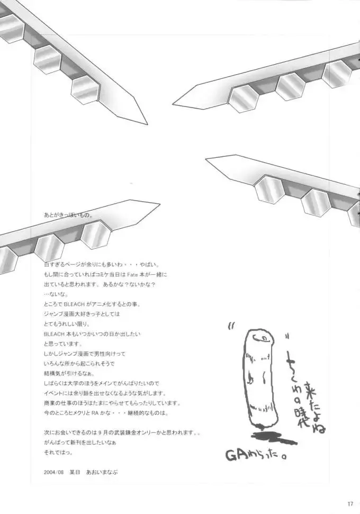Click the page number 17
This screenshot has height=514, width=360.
(350, 503)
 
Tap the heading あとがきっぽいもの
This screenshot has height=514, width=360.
(69, 215)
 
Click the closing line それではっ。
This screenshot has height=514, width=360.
(58, 452)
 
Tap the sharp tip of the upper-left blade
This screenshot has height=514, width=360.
(147, 124)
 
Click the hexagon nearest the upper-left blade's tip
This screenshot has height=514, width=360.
(86, 89)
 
